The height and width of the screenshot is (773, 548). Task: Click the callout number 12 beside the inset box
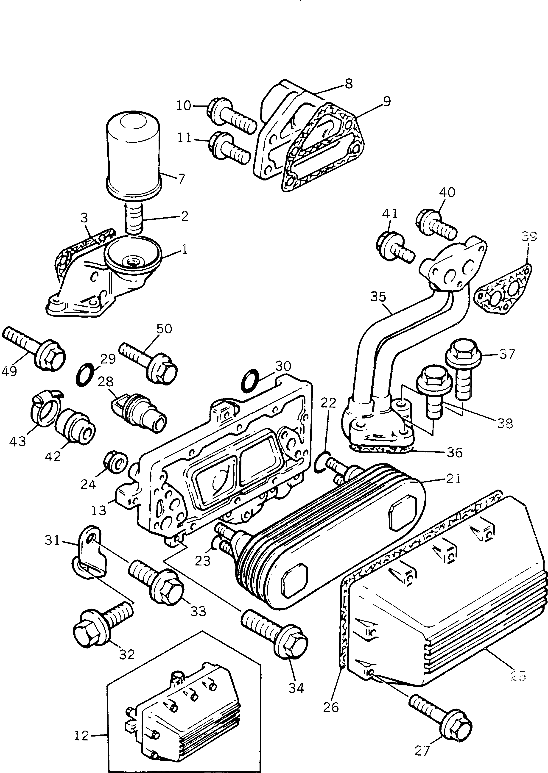tap(81, 736)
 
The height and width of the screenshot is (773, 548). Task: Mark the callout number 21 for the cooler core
tap(453, 479)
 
